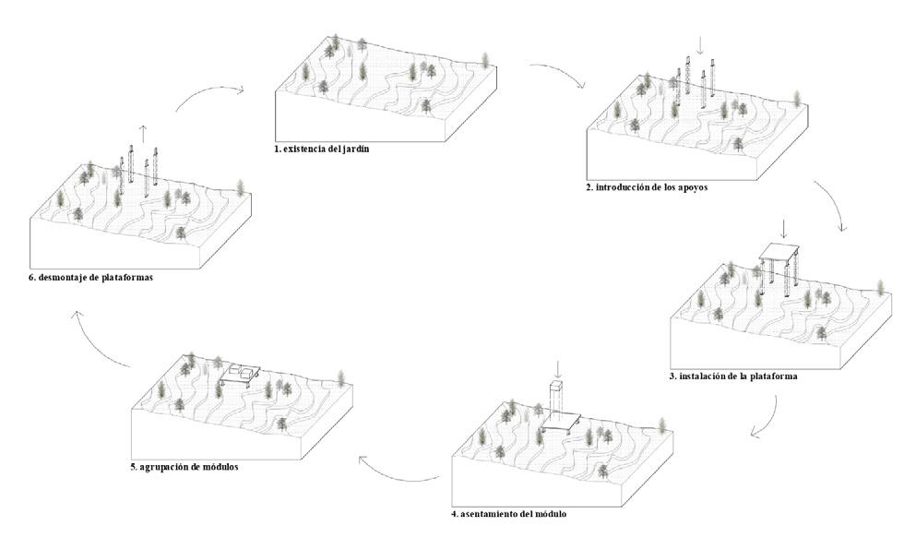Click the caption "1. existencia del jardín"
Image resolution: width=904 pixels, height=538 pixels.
pos(323,149)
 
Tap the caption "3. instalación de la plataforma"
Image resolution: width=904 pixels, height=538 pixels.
pos(733,377)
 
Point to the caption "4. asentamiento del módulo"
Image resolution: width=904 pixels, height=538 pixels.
pos(516,512)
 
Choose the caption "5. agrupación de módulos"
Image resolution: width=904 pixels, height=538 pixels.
pos(184,467)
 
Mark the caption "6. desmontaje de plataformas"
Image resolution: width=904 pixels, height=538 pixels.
pos(90,276)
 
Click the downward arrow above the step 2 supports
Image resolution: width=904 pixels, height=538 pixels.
pos(700,44)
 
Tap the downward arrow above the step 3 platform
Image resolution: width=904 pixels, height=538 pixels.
pos(783,228)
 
